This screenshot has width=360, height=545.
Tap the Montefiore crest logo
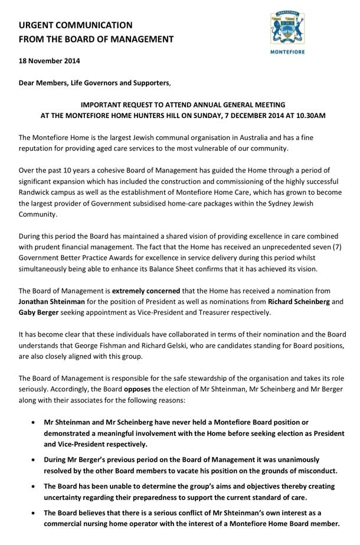(x=287, y=28)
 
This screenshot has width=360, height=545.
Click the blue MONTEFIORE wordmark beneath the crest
(x=287, y=53)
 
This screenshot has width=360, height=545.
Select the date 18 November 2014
(x=49, y=61)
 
